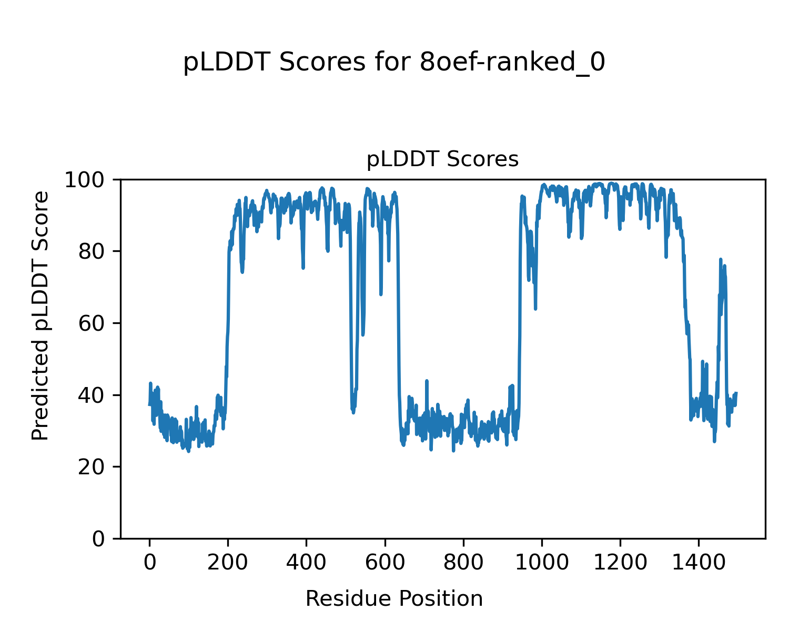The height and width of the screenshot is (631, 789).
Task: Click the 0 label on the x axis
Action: point(150,562)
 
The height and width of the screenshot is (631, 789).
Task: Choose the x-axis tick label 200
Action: point(228,562)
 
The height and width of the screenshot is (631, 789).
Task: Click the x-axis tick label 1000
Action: point(542,562)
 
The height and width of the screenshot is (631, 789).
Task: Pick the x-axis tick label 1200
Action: point(620,562)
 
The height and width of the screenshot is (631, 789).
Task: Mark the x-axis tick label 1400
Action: point(699,562)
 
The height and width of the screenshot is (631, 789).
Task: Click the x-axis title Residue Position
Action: point(394,599)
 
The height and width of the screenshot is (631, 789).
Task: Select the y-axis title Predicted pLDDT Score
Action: point(41,315)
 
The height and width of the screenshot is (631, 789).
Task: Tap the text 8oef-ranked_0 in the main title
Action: point(513,63)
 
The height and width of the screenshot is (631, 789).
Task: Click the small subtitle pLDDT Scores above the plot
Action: point(442,159)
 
